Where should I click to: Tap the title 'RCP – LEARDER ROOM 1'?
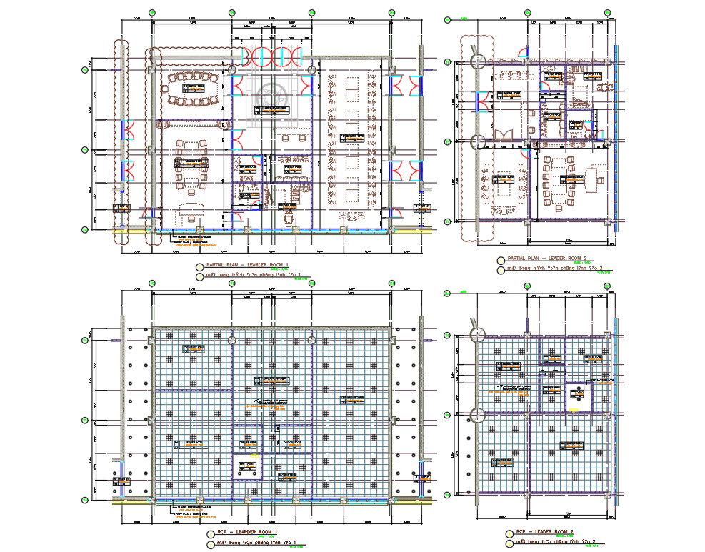coord(247,533)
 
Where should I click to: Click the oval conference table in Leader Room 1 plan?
coord(191,89)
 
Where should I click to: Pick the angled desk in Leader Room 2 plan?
coord(592,176)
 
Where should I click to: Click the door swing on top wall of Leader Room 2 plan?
coord(523,52)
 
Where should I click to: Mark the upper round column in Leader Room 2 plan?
coord(477,62)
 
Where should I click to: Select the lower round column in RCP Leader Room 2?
coord(477,414)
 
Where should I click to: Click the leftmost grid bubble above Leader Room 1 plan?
coord(152,12)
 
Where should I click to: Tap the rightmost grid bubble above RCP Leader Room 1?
coord(391,283)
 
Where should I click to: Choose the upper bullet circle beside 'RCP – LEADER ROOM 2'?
coord(500,532)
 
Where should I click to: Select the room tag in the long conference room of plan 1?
coord(351,137)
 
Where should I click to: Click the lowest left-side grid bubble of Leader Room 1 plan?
coord(85,229)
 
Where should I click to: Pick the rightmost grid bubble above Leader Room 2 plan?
coord(607,12)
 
